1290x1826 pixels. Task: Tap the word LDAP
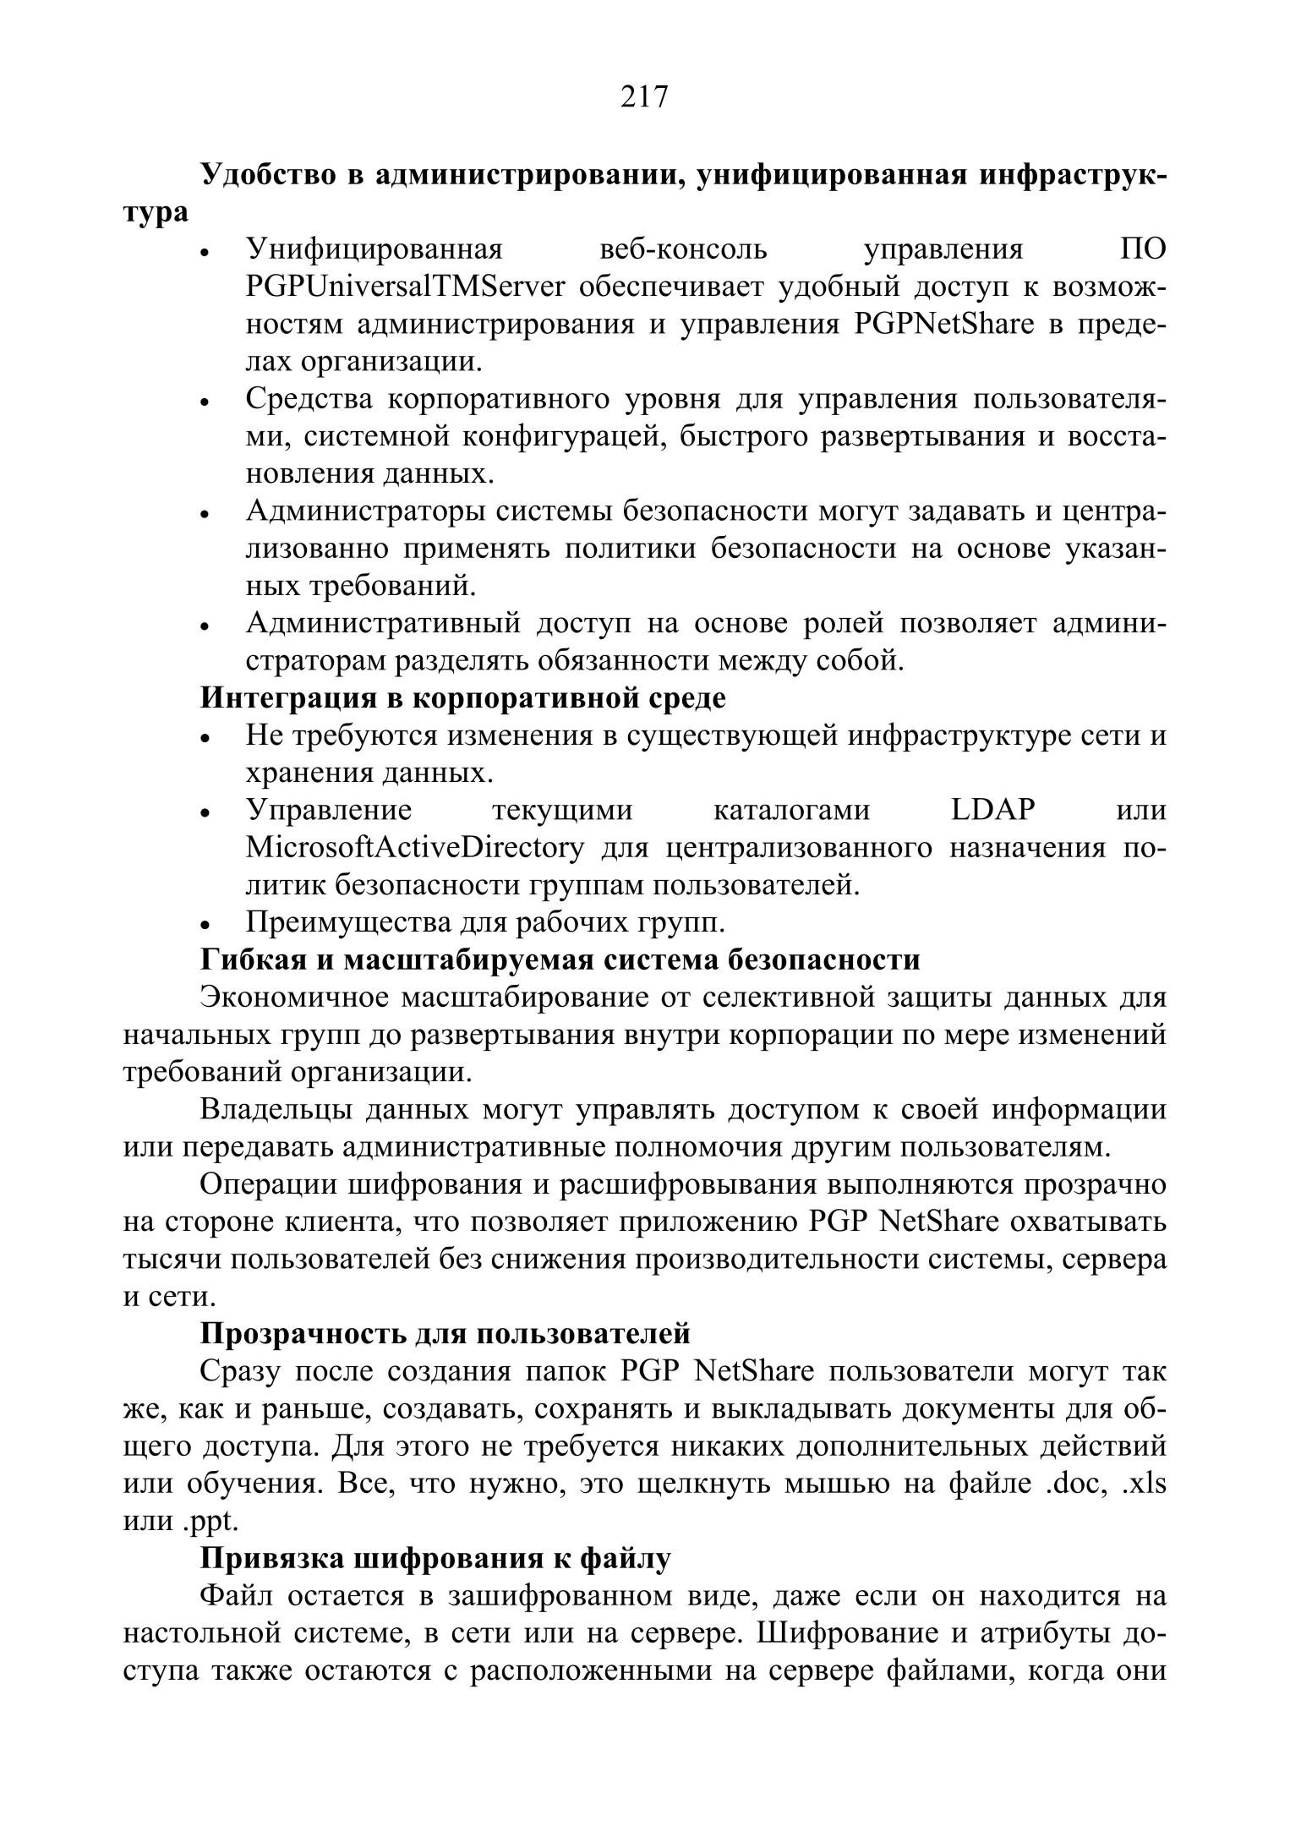click(992, 810)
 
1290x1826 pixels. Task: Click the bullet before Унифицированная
click(205, 254)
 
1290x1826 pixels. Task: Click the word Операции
click(267, 1184)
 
